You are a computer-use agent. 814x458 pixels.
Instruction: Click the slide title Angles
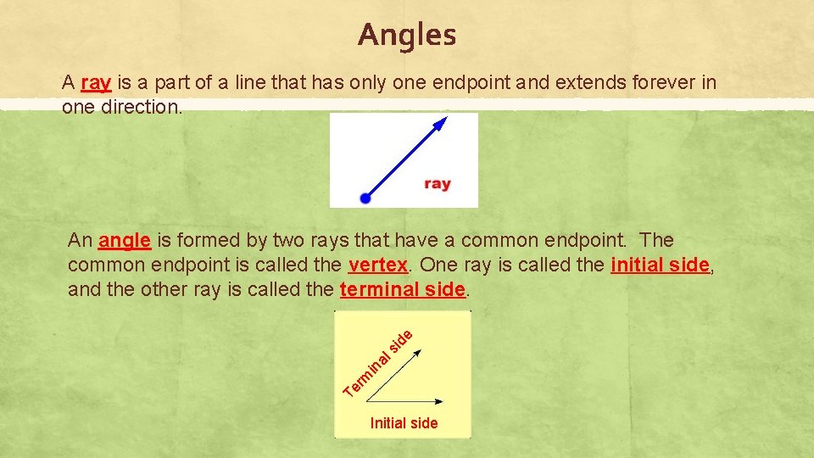coord(407,36)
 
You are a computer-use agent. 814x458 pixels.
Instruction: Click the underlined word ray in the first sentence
coord(96,83)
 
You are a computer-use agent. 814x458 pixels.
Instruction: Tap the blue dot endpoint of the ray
coord(365,198)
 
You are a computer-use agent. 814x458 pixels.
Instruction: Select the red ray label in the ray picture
coord(437,184)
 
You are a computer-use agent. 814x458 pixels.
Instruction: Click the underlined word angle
coord(125,241)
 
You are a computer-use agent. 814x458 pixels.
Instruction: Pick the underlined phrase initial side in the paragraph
coord(659,265)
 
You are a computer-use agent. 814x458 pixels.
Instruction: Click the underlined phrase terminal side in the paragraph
coord(402,289)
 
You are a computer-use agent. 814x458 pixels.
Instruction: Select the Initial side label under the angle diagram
coord(404,423)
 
